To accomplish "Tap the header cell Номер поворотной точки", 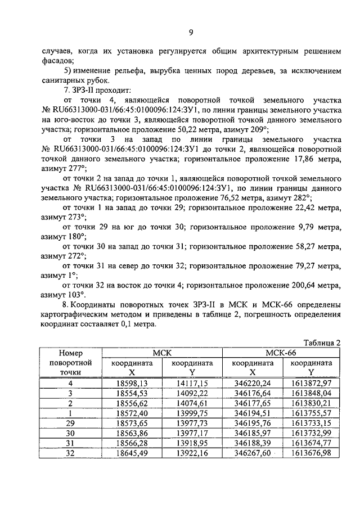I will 70,363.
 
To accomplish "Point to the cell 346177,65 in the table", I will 253,403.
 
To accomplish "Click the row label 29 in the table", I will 70,423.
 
